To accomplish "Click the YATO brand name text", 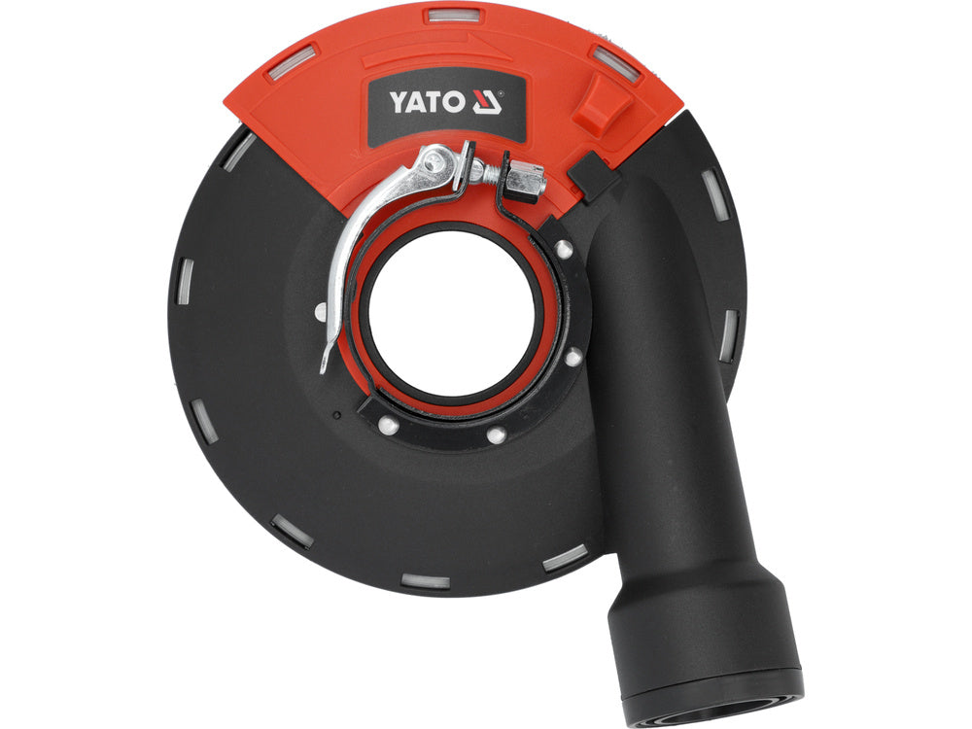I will [432, 101].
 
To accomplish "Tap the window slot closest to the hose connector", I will [565, 557].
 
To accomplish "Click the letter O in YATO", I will [460, 101].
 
